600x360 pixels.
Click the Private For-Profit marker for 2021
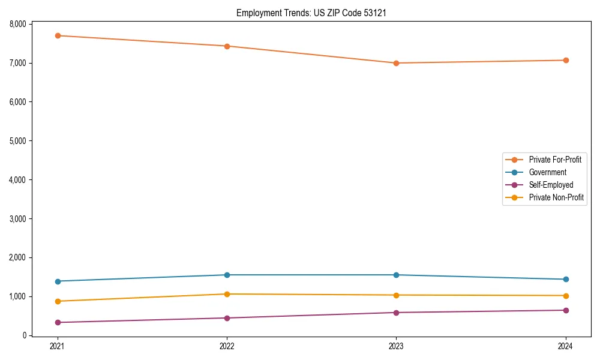point(58,35)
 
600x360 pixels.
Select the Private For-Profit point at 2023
point(396,63)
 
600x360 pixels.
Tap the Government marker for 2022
point(227,275)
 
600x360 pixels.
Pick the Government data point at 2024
point(565,279)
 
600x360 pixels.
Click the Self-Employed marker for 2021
point(58,322)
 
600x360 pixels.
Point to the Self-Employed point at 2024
point(565,310)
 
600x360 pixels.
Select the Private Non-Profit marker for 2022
point(227,294)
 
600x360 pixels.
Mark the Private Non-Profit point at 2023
point(396,295)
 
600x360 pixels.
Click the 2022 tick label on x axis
point(227,346)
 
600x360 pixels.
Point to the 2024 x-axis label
point(565,346)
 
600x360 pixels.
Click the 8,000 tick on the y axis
point(18,24)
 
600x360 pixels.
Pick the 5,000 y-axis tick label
point(18,141)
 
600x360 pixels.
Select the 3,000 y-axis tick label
point(18,218)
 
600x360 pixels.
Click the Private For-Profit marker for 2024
point(565,60)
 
